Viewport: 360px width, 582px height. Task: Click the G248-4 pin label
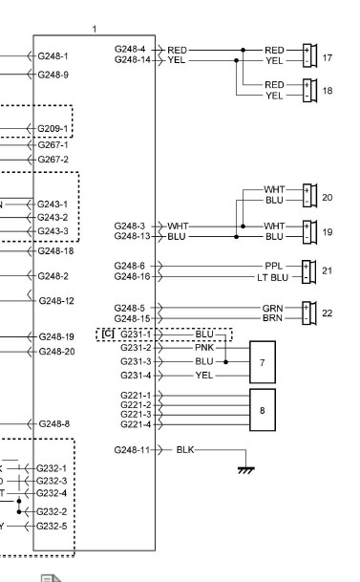[x=130, y=49]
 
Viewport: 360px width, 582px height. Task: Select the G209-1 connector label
[x=53, y=129]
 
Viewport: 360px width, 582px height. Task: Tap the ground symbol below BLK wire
[x=245, y=469]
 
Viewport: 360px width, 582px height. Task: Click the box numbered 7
[x=263, y=362]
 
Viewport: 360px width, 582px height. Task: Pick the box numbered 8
[x=263, y=410]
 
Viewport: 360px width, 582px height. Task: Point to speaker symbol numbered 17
[x=310, y=55]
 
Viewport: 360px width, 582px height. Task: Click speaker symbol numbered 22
[x=309, y=313]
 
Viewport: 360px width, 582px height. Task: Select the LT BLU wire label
[x=272, y=277]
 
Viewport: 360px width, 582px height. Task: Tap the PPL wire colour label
[x=274, y=266]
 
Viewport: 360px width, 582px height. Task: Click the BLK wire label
[x=185, y=449]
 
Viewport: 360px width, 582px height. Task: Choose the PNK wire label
[x=204, y=348]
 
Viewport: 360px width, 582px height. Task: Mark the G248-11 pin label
[x=132, y=450]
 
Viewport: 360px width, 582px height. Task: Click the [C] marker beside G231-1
[x=108, y=334]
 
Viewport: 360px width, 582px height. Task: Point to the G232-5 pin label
[x=52, y=526]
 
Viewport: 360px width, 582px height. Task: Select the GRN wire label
[x=272, y=308]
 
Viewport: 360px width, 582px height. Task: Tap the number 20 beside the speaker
[x=327, y=197]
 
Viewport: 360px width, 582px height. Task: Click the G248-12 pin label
[x=56, y=301]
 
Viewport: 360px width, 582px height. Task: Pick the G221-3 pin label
[x=136, y=414]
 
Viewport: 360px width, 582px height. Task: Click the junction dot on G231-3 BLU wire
[x=225, y=361]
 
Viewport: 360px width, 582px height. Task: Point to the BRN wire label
[x=272, y=318]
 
